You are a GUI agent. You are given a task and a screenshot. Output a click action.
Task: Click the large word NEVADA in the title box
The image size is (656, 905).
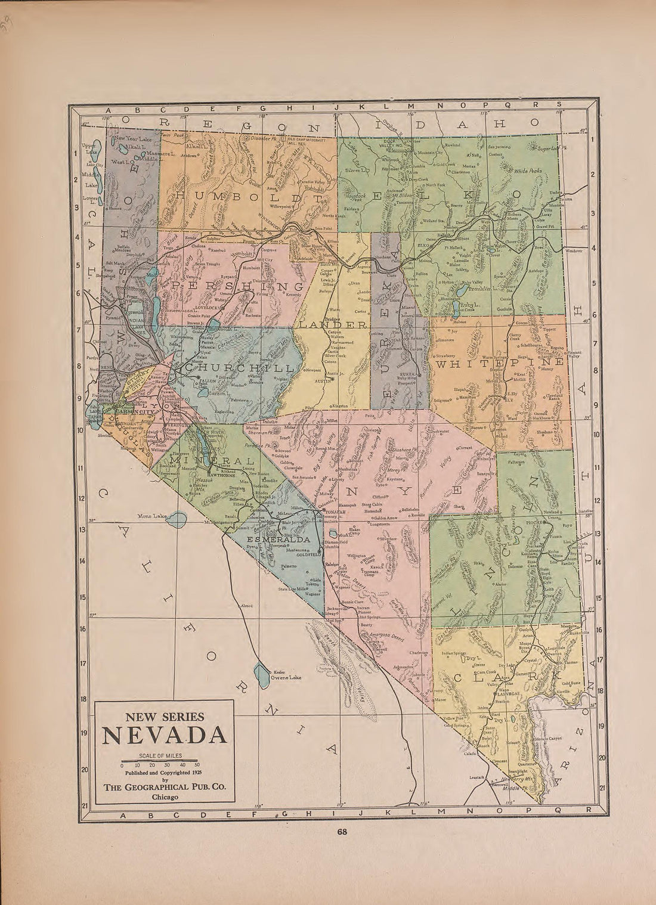click(x=164, y=736)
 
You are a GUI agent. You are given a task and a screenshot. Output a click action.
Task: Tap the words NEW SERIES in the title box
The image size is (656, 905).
click(x=164, y=717)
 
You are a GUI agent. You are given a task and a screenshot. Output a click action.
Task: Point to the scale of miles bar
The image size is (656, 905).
click(x=160, y=761)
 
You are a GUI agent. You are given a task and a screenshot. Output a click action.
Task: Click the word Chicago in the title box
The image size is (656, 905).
click(x=164, y=796)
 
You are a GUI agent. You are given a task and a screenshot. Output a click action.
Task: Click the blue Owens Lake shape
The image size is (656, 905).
click(x=261, y=674)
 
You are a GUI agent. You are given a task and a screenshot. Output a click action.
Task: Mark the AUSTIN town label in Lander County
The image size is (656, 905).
click(x=323, y=379)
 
